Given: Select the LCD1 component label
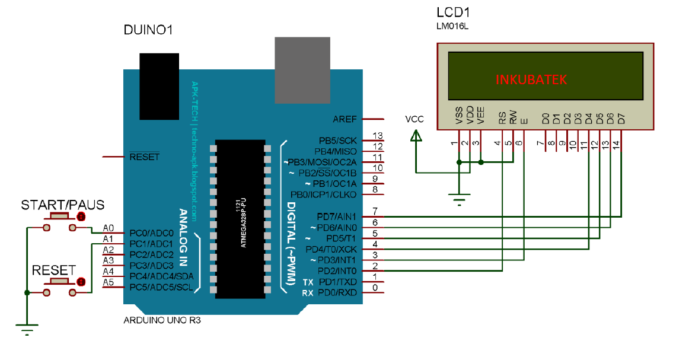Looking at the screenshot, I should pos(454,12).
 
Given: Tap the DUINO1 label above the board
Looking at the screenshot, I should pos(148,30).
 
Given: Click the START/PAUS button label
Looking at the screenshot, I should pos(63,205).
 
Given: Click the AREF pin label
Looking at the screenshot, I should pos(345,119).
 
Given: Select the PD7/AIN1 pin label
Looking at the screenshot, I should pos(337,218).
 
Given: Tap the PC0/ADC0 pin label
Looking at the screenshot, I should pos(151,233).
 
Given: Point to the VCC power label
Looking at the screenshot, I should pos(414,119).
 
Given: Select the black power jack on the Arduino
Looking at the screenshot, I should pos(159,86).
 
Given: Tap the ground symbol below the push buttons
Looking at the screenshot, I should pos(27,328).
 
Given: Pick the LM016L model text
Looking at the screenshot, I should pos(452,27).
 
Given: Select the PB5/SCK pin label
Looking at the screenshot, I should pos(338,141).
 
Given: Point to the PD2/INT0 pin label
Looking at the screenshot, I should pos(338,270).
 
